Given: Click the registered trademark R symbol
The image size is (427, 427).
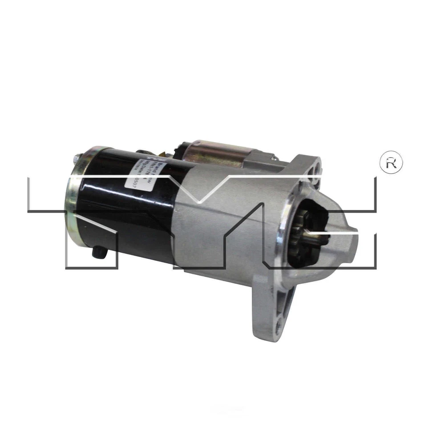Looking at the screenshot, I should tap(391, 163).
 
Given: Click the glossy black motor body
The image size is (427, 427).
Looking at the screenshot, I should tap(120, 209).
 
